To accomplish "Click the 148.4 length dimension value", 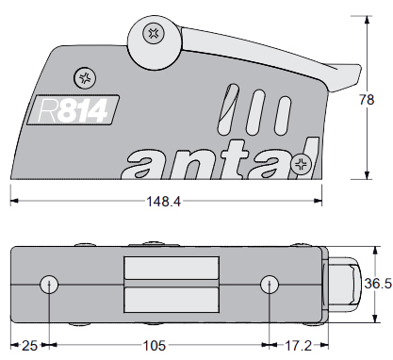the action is click(x=164, y=202).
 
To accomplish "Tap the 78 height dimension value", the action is click(x=367, y=100).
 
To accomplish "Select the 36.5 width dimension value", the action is click(x=378, y=284).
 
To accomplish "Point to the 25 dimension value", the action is click(x=29, y=346).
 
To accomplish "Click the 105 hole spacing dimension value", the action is click(x=155, y=346).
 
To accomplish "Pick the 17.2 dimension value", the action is click(x=298, y=346).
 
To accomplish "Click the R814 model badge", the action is click(x=74, y=110).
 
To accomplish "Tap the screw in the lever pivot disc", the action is click(x=154, y=33).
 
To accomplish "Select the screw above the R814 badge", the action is click(x=85, y=78).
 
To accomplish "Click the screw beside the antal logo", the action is click(x=301, y=164).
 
